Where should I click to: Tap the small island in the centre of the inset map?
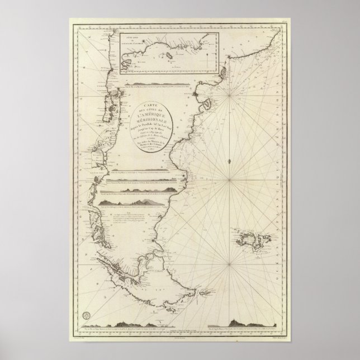tap(167, 58)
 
